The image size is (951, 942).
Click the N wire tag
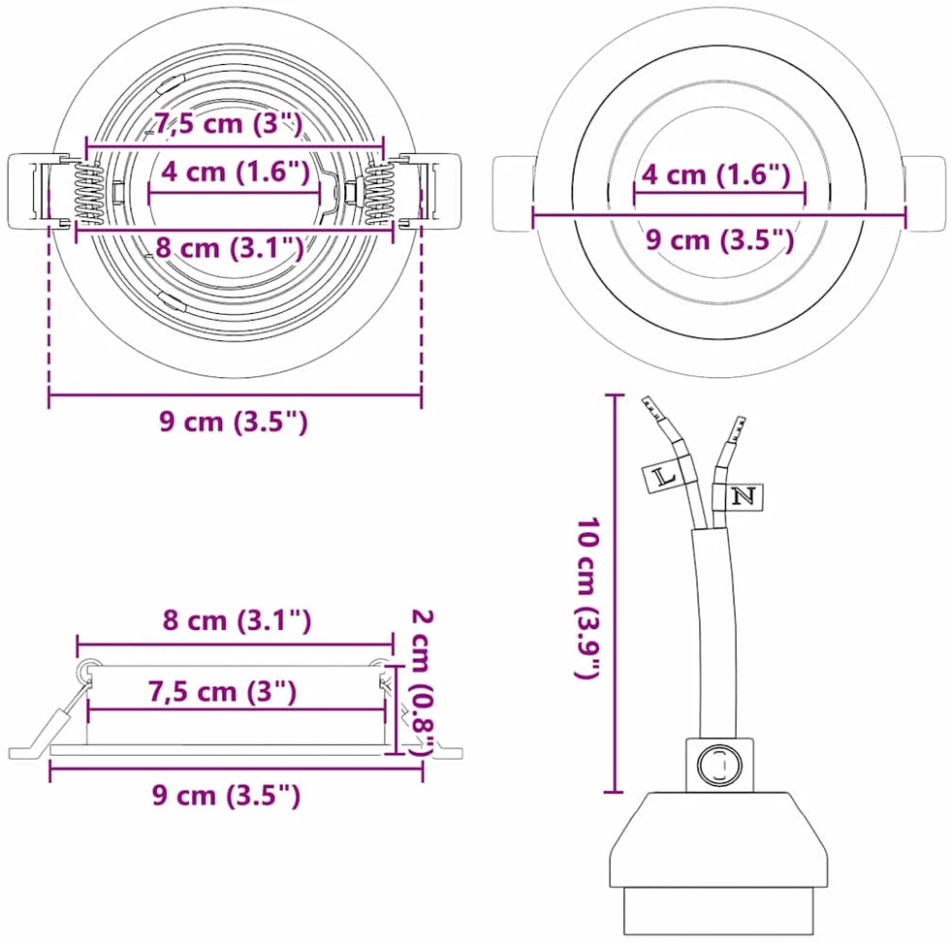click(745, 496)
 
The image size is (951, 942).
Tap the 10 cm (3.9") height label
click(587, 598)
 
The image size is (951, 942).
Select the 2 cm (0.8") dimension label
click(423, 683)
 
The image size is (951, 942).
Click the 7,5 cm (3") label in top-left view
click(228, 124)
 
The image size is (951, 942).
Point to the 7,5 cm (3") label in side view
click(223, 692)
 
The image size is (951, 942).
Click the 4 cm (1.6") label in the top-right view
click(716, 174)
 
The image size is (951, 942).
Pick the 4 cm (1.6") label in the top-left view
click(236, 172)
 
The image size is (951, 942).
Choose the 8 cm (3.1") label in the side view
click(237, 620)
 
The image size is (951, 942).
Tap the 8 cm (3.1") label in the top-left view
click(230, 248)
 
